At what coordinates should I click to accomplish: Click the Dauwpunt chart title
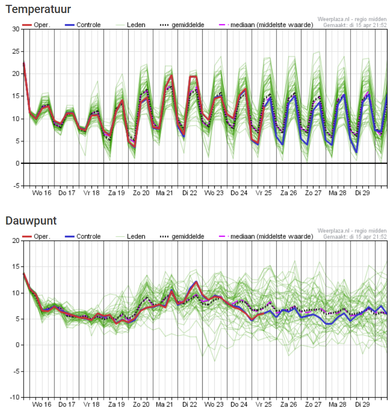(31, 221)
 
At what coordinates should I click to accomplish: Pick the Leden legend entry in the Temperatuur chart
(135, 25)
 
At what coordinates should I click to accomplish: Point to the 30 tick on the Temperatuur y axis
(15, 29)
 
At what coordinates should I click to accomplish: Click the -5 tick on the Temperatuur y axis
(15, 186)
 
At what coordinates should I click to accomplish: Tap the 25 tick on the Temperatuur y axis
(15, 52)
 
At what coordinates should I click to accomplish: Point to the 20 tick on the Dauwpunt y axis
(15, 240)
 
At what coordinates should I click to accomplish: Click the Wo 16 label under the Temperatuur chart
(42, 193)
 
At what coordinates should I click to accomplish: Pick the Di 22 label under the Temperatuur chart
(190, 193)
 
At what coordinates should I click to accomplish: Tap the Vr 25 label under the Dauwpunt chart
(264, 404)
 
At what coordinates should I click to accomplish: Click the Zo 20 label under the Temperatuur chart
(141, 193)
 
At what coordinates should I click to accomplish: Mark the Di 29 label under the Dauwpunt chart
(363, 404)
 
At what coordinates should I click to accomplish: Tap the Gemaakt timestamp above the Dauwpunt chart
(355, 237)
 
